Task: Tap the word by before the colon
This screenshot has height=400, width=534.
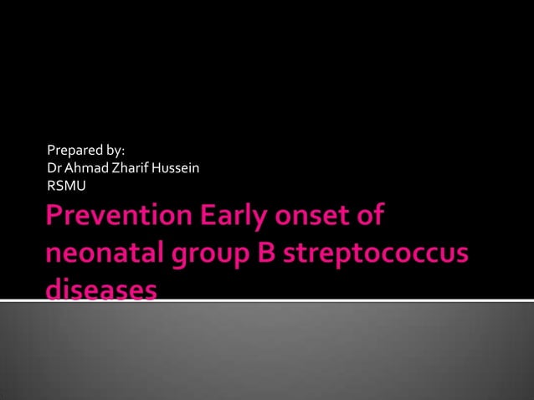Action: coord(116,151)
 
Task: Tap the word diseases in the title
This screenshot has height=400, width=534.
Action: coord(101,289)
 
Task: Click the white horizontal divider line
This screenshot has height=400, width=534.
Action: coord(335,299)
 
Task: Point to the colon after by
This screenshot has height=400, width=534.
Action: coord(124,152)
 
